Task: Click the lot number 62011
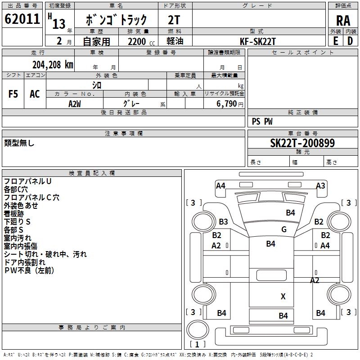click(22, 19)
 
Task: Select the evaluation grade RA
click(343, 21)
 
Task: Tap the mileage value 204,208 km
click(53, 65)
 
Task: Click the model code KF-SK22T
click(257, 41)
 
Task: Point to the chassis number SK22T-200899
click(302, 143)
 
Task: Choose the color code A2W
click(75, 104)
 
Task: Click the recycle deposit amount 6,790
click(226, 104)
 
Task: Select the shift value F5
click(13, 94)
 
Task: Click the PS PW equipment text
click(262, 121)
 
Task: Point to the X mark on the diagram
click(283, 297)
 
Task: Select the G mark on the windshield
click(284, 229)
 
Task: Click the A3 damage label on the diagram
click(320, 185)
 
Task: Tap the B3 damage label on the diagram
click(223, 221)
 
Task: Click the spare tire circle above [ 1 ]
click(198, 330)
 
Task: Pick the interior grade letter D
click(350, 41)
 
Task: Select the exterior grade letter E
click(336, 41)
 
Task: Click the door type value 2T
click(174, 20)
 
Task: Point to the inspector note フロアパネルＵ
click(27, 181)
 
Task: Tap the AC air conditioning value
click(35, 94)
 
